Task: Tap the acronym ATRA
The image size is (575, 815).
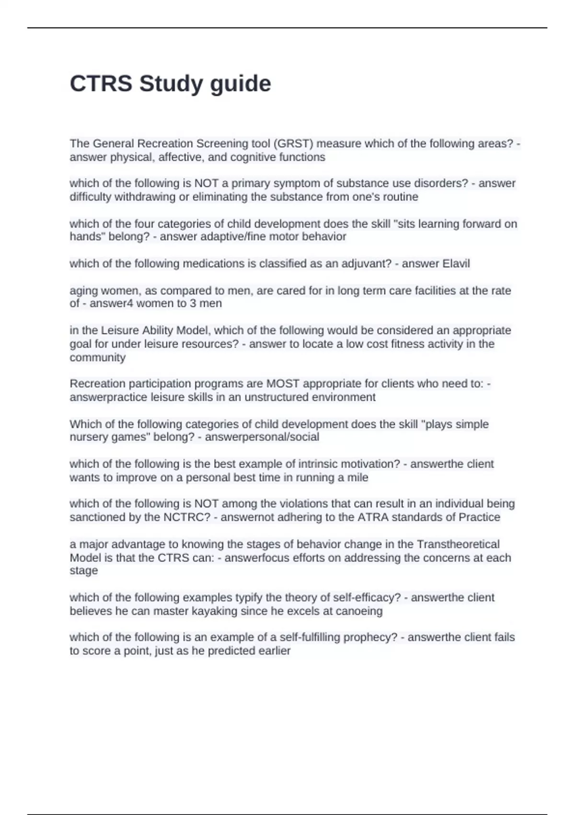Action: pyautogui.click(x=373, y=517)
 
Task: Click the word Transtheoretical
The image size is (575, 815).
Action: pyautogui.click(x=458, y=544)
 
